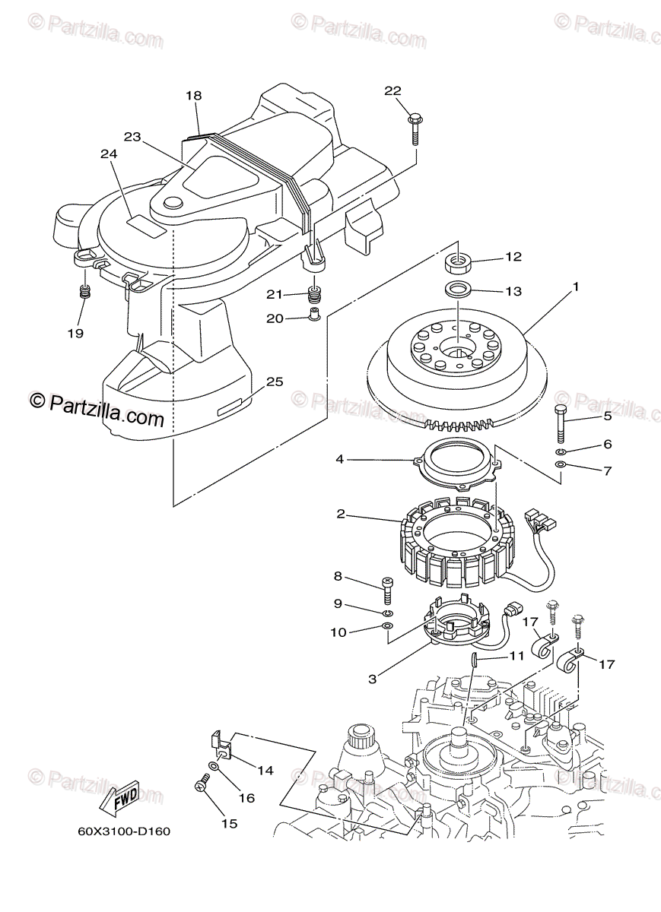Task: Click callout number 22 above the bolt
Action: pos(392,91)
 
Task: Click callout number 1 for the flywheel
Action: pos(576,287)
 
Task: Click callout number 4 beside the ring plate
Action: pos(341,459)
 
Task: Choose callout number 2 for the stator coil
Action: pos(341,515)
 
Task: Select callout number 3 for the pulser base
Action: pos(372,678)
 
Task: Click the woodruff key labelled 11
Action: pos(473,658)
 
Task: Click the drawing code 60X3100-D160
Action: pos(123,831)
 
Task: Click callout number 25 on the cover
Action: pos(274,382)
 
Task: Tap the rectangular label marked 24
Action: pos(146,222)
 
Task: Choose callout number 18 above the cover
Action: pos(193,96)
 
